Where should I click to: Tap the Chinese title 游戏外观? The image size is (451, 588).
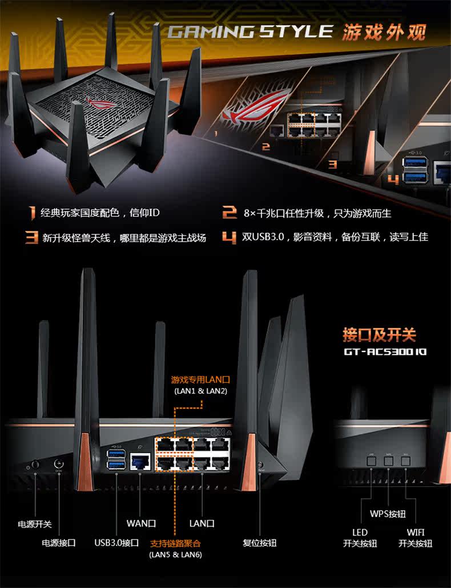pos(384,32)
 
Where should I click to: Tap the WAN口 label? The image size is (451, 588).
pos(141,523)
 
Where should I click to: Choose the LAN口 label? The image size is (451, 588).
pos(202,523)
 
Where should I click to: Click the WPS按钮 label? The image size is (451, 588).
pos(388,513)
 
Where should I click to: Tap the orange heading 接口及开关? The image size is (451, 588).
pos(379,334)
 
